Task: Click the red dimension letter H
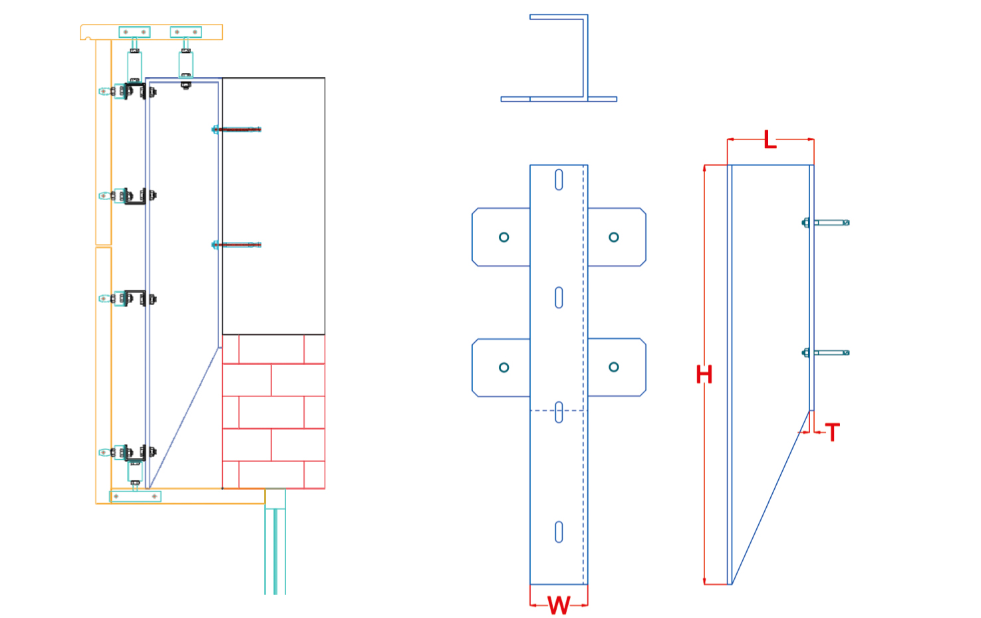[704, 375]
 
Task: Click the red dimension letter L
[770, 140]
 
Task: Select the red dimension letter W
[559, 605]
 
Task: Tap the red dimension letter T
[833, 433]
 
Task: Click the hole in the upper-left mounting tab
[504, 237]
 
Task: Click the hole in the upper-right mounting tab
[614, 237]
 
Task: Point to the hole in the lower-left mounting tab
[504, 367]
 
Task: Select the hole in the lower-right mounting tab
[614, 367]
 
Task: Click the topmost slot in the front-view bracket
[559, 180]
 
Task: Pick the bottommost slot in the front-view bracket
[559, 532]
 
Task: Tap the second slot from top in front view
[559, 298]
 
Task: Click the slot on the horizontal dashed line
[559, 412]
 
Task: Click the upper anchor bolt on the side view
[827, 223]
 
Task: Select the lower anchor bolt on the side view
[827, 353]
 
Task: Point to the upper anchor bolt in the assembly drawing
[237, 130]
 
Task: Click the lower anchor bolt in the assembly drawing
[237, 245]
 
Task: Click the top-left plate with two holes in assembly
[134, 32]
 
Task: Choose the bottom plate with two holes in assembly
[135, 496]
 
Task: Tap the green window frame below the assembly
[275, 545]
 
